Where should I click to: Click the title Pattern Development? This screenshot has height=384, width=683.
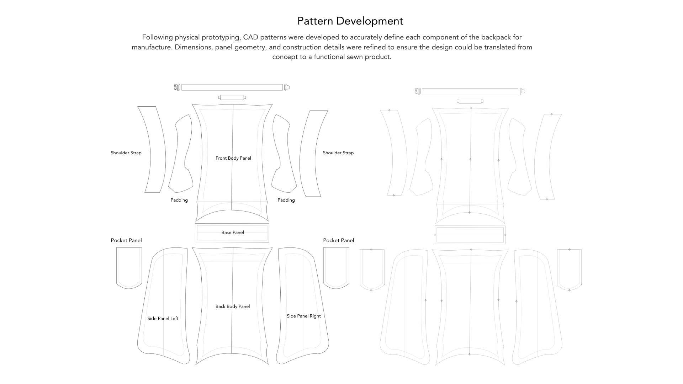[x=350, y=21]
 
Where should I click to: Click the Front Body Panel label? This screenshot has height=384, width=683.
[x=233, y=158]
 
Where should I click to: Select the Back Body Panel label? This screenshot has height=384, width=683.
[x=233, y=306]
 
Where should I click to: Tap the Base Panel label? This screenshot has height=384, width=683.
[x=233, y=233]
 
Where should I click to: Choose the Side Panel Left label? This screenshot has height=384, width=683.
[x=163, y=319]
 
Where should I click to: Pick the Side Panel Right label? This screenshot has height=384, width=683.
[x=304, y=316]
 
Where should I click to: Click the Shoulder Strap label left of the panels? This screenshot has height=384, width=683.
[x=126, y=153]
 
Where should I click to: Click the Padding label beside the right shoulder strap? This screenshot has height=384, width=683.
[x=286, y=200]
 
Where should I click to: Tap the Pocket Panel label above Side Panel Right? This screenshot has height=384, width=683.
[x=338, y=240]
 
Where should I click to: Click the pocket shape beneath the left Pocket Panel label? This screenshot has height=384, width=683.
[x=129, y=267]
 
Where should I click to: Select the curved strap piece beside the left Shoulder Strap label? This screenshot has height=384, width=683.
[x=152, y=149]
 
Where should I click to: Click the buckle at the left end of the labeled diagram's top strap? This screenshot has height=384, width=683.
[x=177, y=87]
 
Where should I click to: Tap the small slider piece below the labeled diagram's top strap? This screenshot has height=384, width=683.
[x=232, y=97]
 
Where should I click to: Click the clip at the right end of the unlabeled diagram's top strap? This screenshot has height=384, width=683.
[x=522, y=91]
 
